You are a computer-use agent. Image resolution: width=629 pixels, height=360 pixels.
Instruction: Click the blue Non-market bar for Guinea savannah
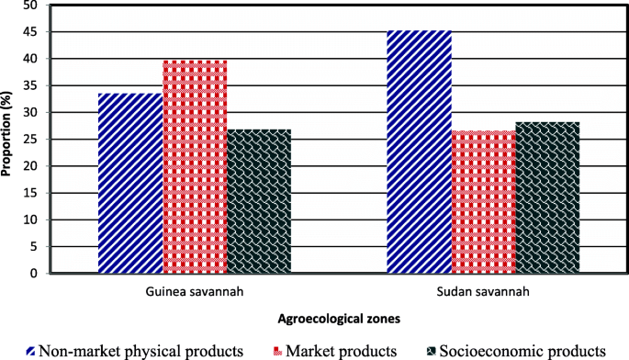tap(130, 184)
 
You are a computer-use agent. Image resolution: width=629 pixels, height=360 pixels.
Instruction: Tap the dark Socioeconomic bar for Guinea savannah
tap(259, 201)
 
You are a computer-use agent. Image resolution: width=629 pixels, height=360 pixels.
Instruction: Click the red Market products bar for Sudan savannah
tap(483, 202)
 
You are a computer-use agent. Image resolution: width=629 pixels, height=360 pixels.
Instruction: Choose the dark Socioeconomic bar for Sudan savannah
tap(547, 197)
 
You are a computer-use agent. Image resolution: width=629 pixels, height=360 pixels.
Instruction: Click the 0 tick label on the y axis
tap(34, 274)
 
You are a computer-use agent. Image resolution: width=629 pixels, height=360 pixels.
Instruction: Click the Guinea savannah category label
tap(195, 291)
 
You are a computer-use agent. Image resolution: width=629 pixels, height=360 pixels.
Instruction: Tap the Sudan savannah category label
tap(483, 291)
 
